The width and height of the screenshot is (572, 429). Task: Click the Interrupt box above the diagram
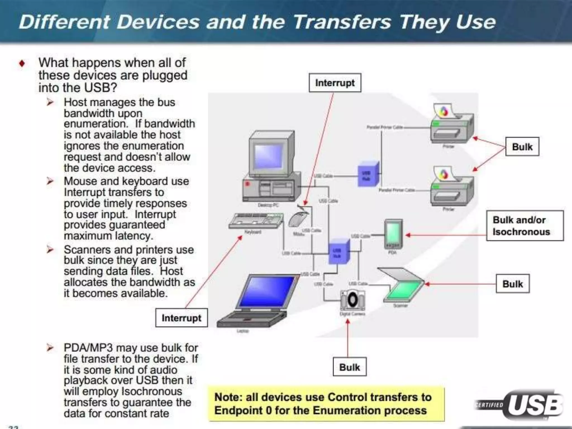point(335,83)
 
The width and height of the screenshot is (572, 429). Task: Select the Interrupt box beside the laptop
point(181,318)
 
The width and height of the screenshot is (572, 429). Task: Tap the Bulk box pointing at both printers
point(522,147)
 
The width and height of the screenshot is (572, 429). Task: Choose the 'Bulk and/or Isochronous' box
point(525,226)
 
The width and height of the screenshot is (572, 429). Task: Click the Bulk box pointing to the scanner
point(513,284)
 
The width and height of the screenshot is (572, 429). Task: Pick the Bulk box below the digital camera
point(349,367)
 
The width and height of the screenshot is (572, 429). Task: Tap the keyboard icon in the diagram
point(256,221)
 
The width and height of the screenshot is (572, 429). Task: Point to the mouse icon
point(298,219)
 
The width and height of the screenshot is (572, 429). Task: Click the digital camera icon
point(352,300)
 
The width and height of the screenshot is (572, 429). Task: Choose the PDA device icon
point(393,233)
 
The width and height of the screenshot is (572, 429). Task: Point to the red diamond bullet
point(22,63)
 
